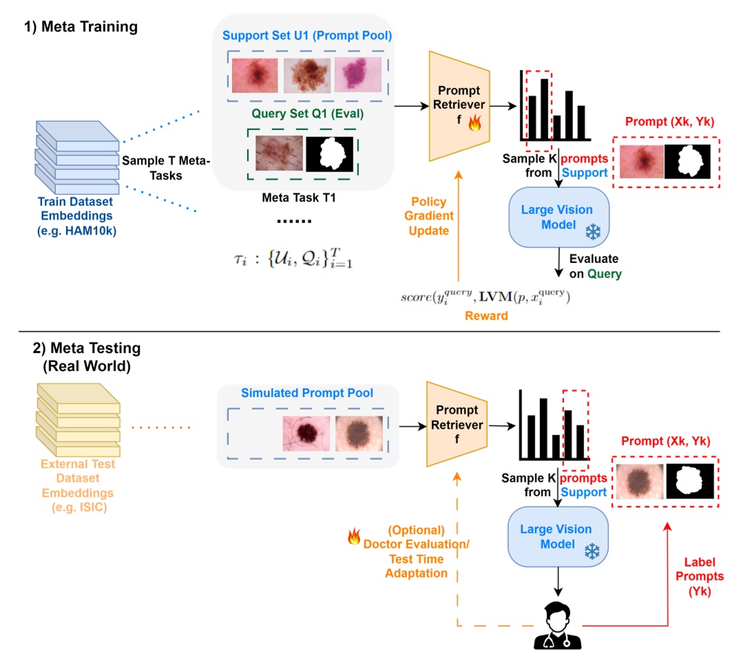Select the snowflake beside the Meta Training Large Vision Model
click(x=592, y=233)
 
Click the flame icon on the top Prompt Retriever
click(x=474, y=124)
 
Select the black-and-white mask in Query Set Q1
click(x=329, y=154)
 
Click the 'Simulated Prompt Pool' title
click(x=307, y=392)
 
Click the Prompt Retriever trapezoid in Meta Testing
click(x=458, y=426)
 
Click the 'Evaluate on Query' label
click(x=593, y=266)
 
